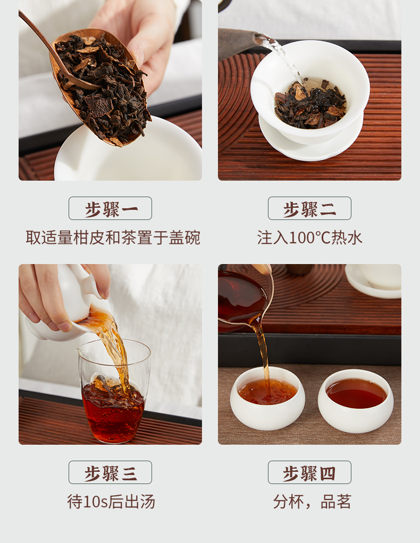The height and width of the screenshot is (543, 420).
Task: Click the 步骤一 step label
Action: point(110,208)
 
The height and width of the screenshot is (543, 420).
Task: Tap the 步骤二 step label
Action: point(309,208)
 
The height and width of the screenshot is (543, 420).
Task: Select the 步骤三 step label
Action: point(110,472)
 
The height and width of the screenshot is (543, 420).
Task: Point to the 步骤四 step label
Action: point(309,472)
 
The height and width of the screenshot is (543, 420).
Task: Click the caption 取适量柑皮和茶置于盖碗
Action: point(113,237)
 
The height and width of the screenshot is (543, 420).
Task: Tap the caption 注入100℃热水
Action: point(309,237)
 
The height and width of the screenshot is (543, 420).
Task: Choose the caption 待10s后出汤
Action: point(111,502)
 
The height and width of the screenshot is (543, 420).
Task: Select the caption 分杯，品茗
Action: point(312,502)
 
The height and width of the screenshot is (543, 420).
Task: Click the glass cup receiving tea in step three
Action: point(114,392)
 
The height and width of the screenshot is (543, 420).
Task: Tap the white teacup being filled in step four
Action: point(267,398)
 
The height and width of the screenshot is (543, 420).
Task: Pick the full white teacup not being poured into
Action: point(356,401)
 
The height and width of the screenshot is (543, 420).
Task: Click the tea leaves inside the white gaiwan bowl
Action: point(310,104)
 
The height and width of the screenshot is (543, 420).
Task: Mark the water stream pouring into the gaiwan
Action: point(284,59)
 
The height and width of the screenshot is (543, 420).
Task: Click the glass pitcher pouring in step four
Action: point(245,298)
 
